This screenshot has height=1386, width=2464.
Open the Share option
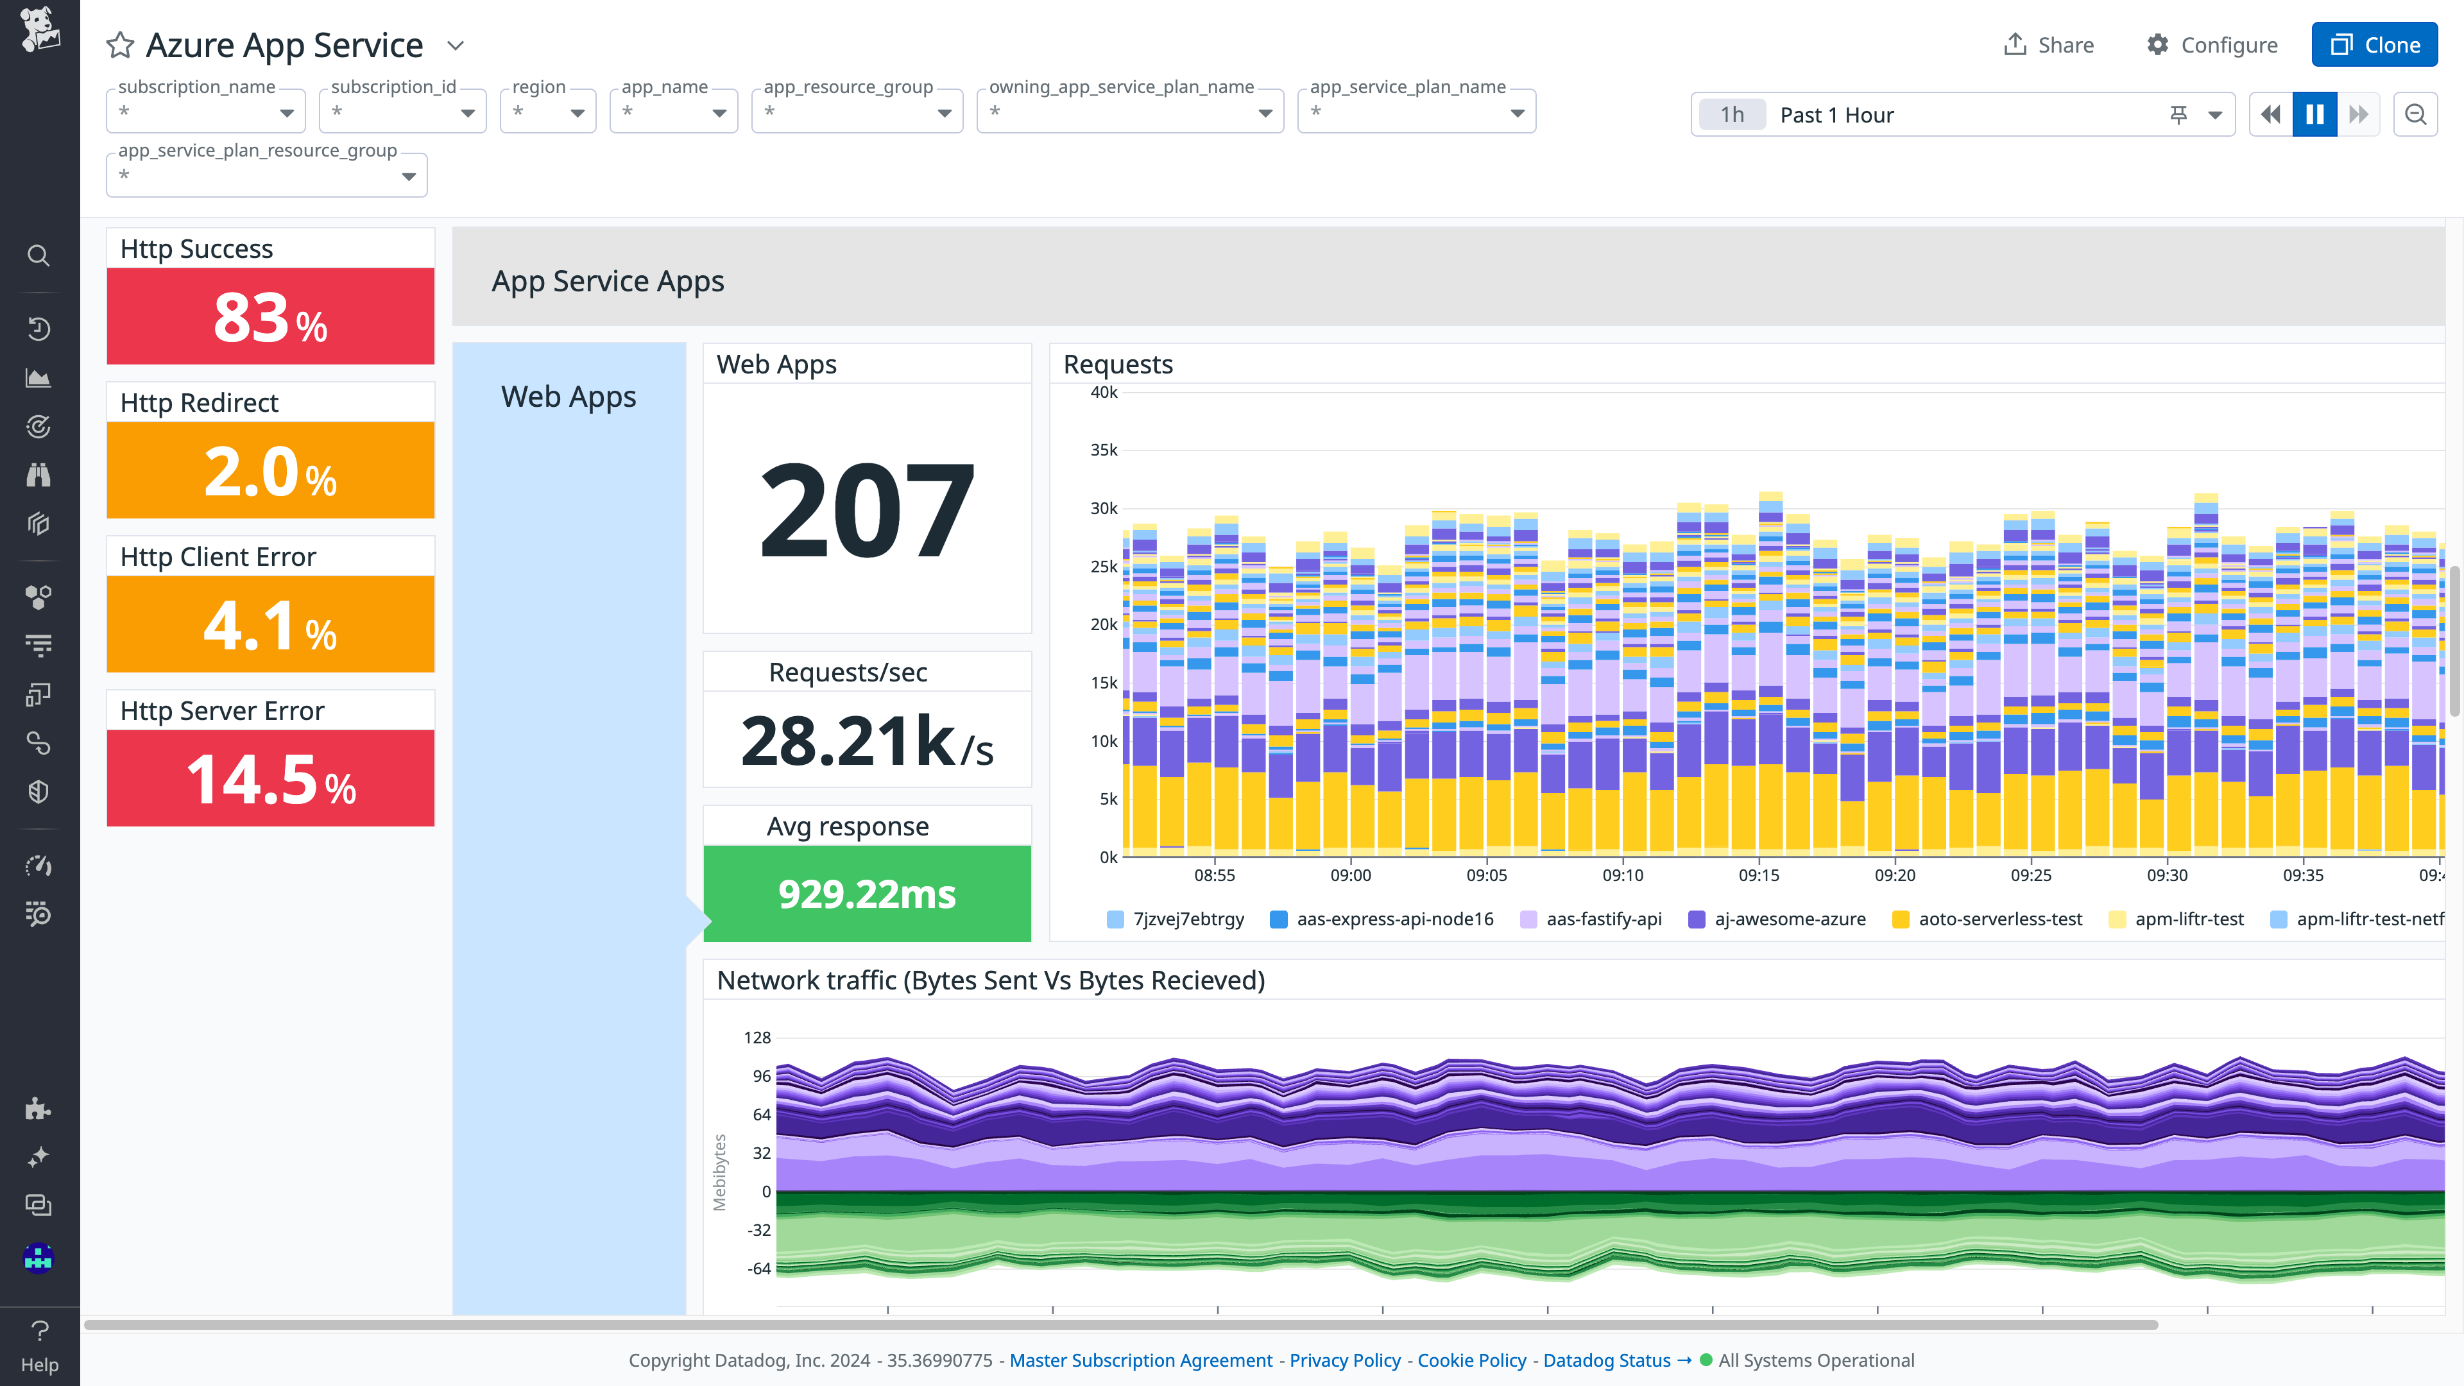tap(2048, 45)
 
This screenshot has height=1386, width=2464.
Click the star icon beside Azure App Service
tap(121, 45)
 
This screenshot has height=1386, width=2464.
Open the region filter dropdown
tap(548, 112)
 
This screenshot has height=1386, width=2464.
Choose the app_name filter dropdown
tap(673, 112)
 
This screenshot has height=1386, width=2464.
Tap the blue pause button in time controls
tap(2314, 115)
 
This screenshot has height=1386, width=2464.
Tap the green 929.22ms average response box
tap(867, 893)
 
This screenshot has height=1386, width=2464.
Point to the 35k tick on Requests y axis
tap(1103, 450)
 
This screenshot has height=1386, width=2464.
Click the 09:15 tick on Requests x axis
tap(1758, 874)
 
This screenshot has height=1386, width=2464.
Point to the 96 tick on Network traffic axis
tap(762, 1076)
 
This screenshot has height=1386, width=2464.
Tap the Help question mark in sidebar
tap(39, 1344)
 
